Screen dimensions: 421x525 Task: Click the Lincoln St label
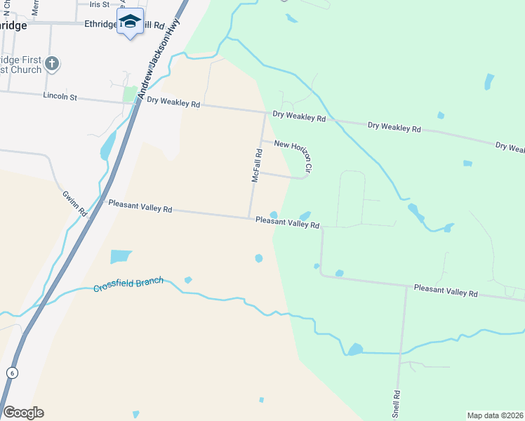click(x=60, y=96)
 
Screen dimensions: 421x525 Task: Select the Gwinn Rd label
click(x=73, y=201)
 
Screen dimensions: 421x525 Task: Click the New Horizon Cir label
click(x=293, y=155)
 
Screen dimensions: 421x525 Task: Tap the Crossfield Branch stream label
click(x=128, y=285)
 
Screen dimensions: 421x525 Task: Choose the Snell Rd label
click(x=397, y=404)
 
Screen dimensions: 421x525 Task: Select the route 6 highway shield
click(x=11, y=373)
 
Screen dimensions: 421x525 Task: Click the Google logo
click(x=23, y=412)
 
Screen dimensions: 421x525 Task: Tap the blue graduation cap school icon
click(x=130, y=21)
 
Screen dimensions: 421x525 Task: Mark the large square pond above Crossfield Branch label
click(x=121, y=257)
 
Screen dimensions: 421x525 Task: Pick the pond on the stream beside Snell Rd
click(x=355, y=349)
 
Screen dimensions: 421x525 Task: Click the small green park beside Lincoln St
click(x=130, y=94)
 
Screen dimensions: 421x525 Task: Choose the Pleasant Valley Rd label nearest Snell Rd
click(x=445, y=289)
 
